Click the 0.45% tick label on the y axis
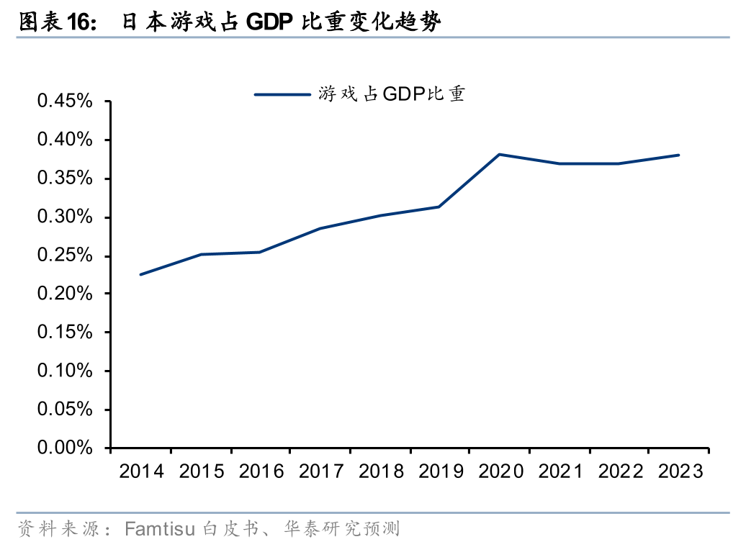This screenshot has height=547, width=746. click(x=66, y=101)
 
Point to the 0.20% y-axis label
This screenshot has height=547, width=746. click(x=66, y=294)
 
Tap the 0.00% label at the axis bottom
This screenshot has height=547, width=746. click(x=66, y=448)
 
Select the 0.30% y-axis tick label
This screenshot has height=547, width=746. click(x=66, y=217)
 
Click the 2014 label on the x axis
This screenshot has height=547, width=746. click(x=141, y=471)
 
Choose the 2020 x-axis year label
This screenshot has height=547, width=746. click(x=498, y=471)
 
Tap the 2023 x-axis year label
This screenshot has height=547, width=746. click(x=679, y=471)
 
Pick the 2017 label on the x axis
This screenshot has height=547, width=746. click(x=320, y=471)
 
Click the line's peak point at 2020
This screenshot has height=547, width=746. click(x=499, y=154)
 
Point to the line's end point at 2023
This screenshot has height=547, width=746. click(x=678, y=155)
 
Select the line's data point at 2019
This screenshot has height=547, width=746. click(x=439, y=207)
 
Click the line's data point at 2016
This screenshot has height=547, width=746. click(x=259, y=252)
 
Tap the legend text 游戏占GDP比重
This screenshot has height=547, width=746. click(x=392, y=94)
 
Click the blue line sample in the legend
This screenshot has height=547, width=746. click(x=282, y=94)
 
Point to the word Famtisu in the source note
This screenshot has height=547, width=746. click(x=160, y=530)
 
